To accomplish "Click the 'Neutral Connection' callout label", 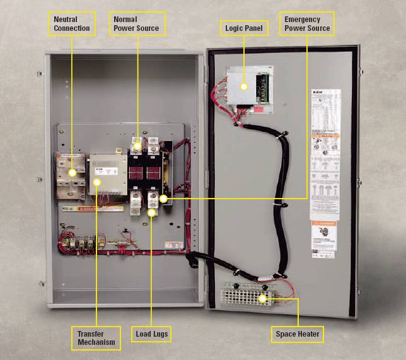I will (72, 24).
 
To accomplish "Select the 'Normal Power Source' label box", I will (136, 24).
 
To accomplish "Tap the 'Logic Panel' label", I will (244, 28).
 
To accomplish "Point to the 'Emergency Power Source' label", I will (306, 24).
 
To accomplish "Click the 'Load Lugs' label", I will (152, 334).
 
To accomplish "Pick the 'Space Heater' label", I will (298, 334).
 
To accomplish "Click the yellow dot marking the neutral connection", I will (72, 171).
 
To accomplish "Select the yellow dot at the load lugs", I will (152, 213).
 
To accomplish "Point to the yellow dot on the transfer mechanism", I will (96, 182).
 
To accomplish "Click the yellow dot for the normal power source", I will (137, 145).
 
